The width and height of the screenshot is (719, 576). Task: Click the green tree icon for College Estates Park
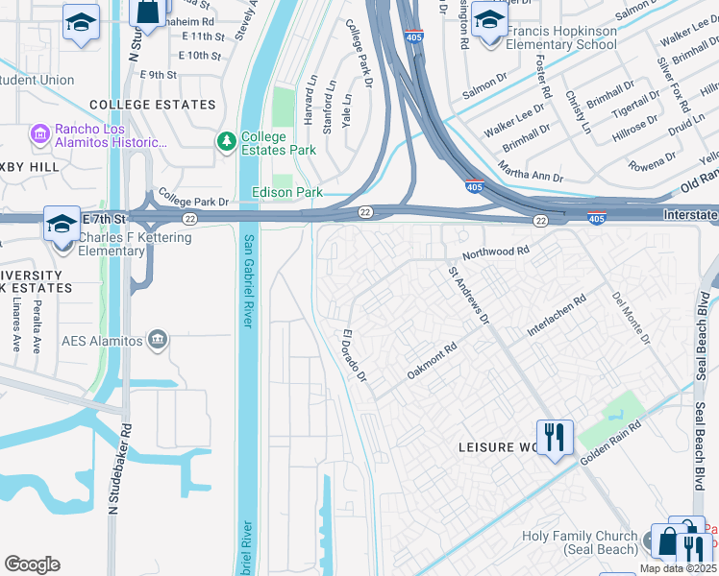coord(227,142)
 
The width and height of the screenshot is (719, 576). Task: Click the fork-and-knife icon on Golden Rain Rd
coord(555,437)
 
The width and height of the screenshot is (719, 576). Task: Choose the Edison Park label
coord(286,193)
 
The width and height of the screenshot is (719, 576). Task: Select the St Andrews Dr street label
coord(469,296)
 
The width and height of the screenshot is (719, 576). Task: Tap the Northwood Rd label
coord(496,252)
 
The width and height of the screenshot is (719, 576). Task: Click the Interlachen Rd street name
coord(557,317)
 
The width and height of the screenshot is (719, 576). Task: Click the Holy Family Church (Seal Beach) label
coord(579,542)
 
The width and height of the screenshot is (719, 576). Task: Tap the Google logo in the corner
coord(32,564)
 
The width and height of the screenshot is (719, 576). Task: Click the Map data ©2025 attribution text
coord(678,568)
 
